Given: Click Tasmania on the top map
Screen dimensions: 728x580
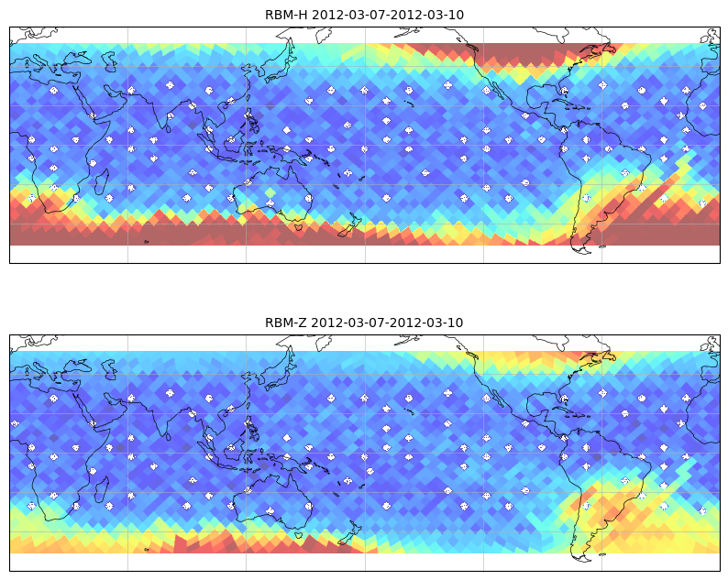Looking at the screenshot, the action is (x=298, y=226).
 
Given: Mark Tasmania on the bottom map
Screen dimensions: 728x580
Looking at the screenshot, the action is (x=298, y=534).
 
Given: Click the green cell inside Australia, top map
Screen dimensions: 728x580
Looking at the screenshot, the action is (x=270, y=192).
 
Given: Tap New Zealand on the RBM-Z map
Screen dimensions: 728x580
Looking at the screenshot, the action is (x=349, y=532).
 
